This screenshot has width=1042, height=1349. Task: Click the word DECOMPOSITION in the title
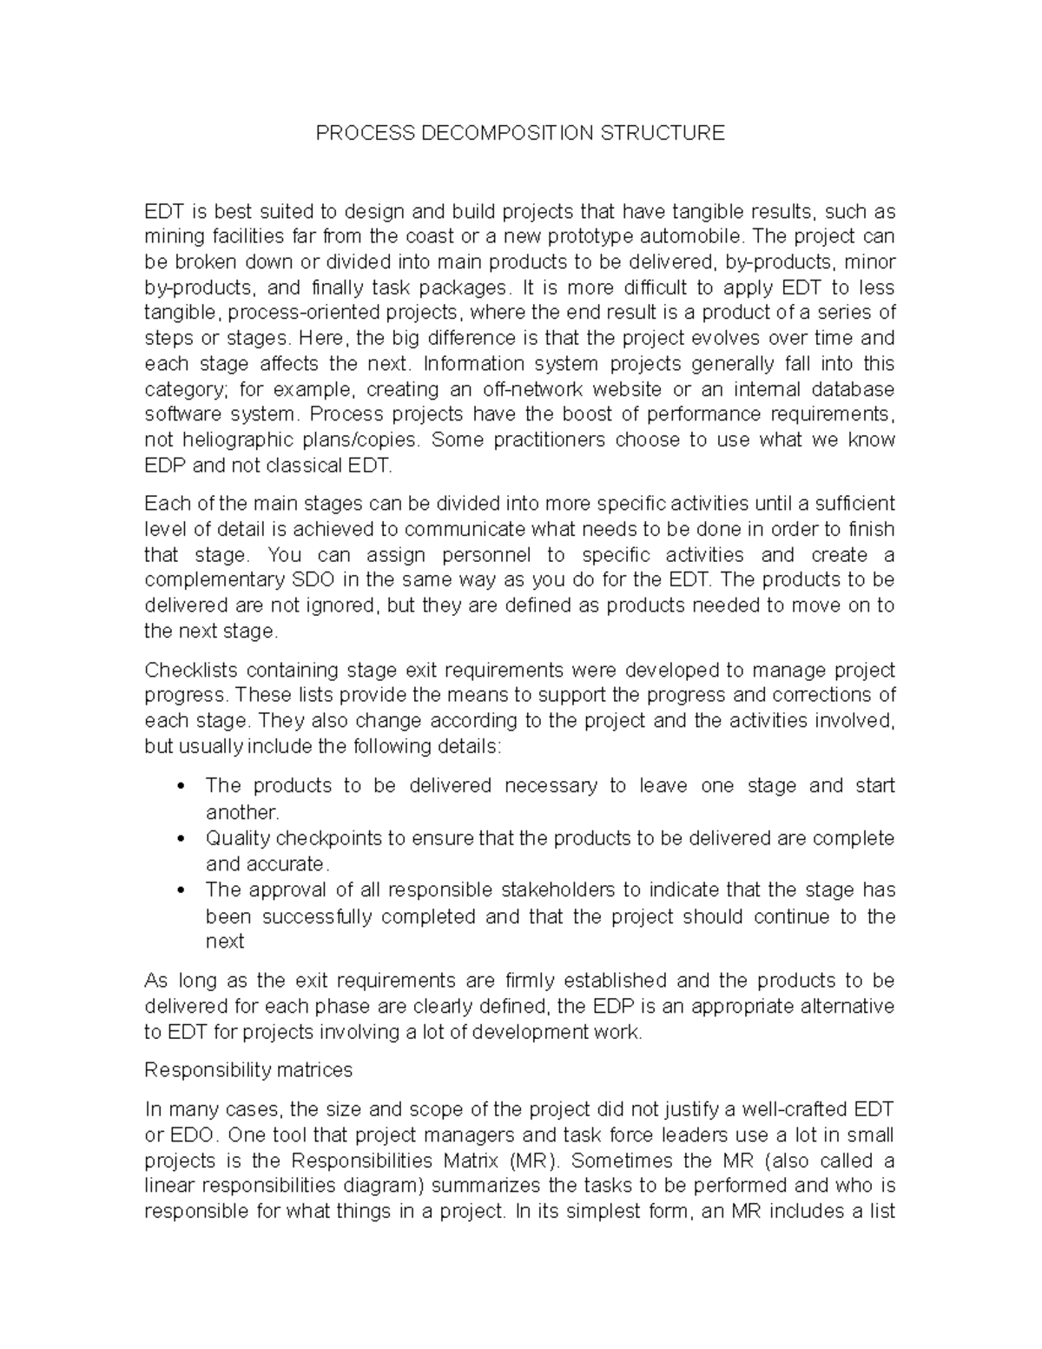[505, 133]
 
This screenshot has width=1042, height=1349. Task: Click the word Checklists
[189, 670]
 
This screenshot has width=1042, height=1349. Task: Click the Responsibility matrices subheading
[248, 1070]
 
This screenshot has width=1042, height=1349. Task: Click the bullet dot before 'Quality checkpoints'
[180, 839]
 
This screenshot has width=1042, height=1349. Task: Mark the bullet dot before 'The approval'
[180, 890]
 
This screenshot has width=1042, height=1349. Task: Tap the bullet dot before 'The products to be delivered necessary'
[180, 786]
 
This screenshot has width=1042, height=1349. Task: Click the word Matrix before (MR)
[470, 1161]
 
